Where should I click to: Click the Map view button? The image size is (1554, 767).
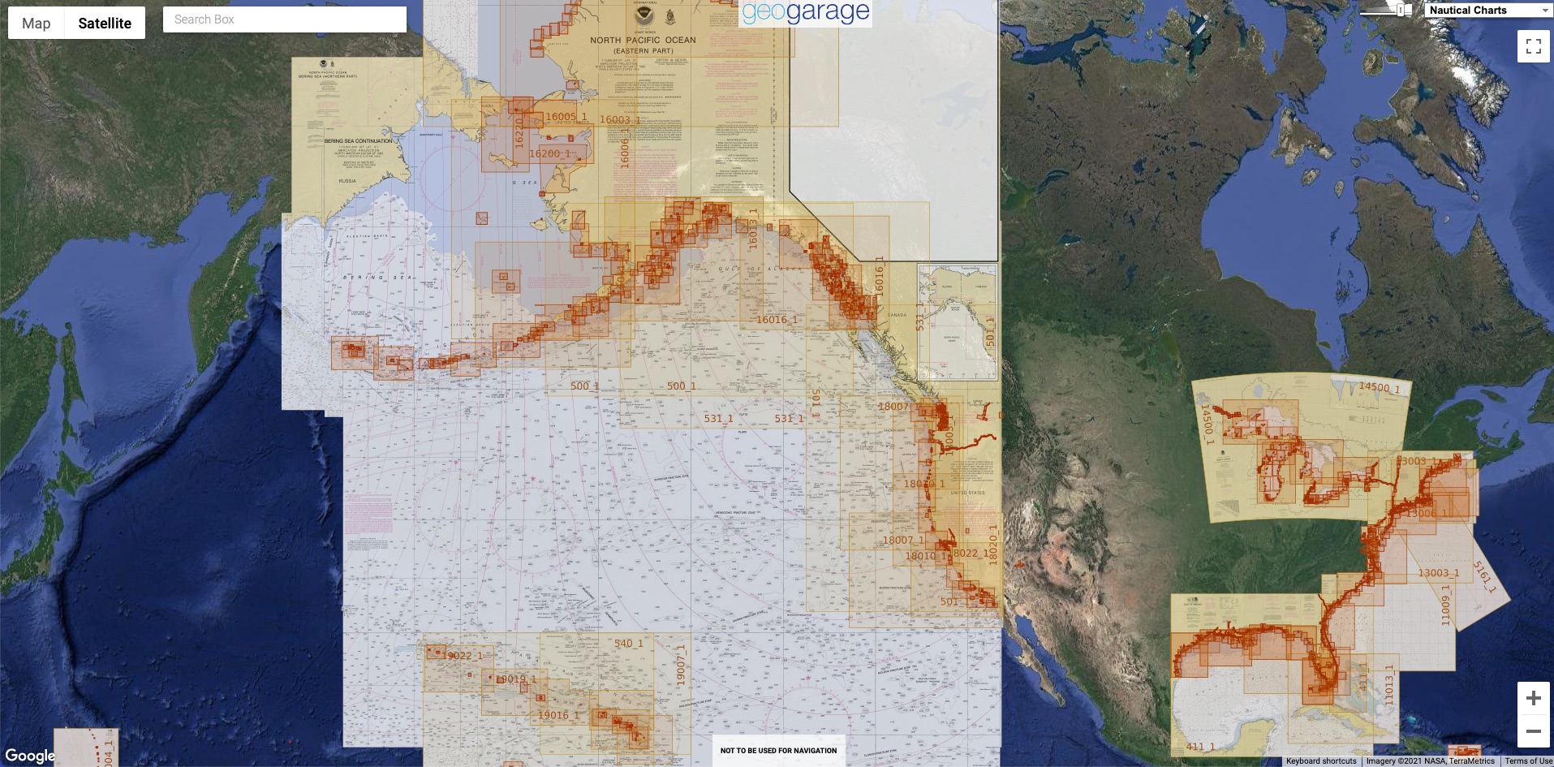[x=37, y=24]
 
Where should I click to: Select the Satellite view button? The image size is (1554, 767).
[x=105, y=24]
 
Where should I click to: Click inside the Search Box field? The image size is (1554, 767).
[x=284, y=19]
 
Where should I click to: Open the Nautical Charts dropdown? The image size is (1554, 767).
[x=1488, y=10]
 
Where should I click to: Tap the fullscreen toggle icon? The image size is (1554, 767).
[x=1533, y=46]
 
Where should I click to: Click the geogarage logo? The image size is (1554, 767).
[x=805, y=12]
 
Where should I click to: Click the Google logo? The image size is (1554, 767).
[x=30, y=756]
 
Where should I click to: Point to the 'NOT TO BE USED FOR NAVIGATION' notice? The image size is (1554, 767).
[x=778, y=751]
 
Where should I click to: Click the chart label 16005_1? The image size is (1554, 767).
[x=566, y=117]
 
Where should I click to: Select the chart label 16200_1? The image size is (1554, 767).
[x=552, y=153]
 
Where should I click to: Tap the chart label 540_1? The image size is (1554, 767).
[x=628, y=644]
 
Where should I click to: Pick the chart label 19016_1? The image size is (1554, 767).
[x=558, y=715]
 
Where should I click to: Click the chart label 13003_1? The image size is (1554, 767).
[x=1438, y=573]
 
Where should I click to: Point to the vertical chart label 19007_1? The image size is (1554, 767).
[x=681, y=665]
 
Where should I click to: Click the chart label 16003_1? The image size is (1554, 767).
[x=620, y=119]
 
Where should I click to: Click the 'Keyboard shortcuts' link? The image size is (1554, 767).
[x=1320, y=761]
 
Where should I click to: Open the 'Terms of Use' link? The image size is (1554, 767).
[x=1528, y=761]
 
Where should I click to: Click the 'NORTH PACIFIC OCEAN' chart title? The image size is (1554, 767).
[x=643, y=40]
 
